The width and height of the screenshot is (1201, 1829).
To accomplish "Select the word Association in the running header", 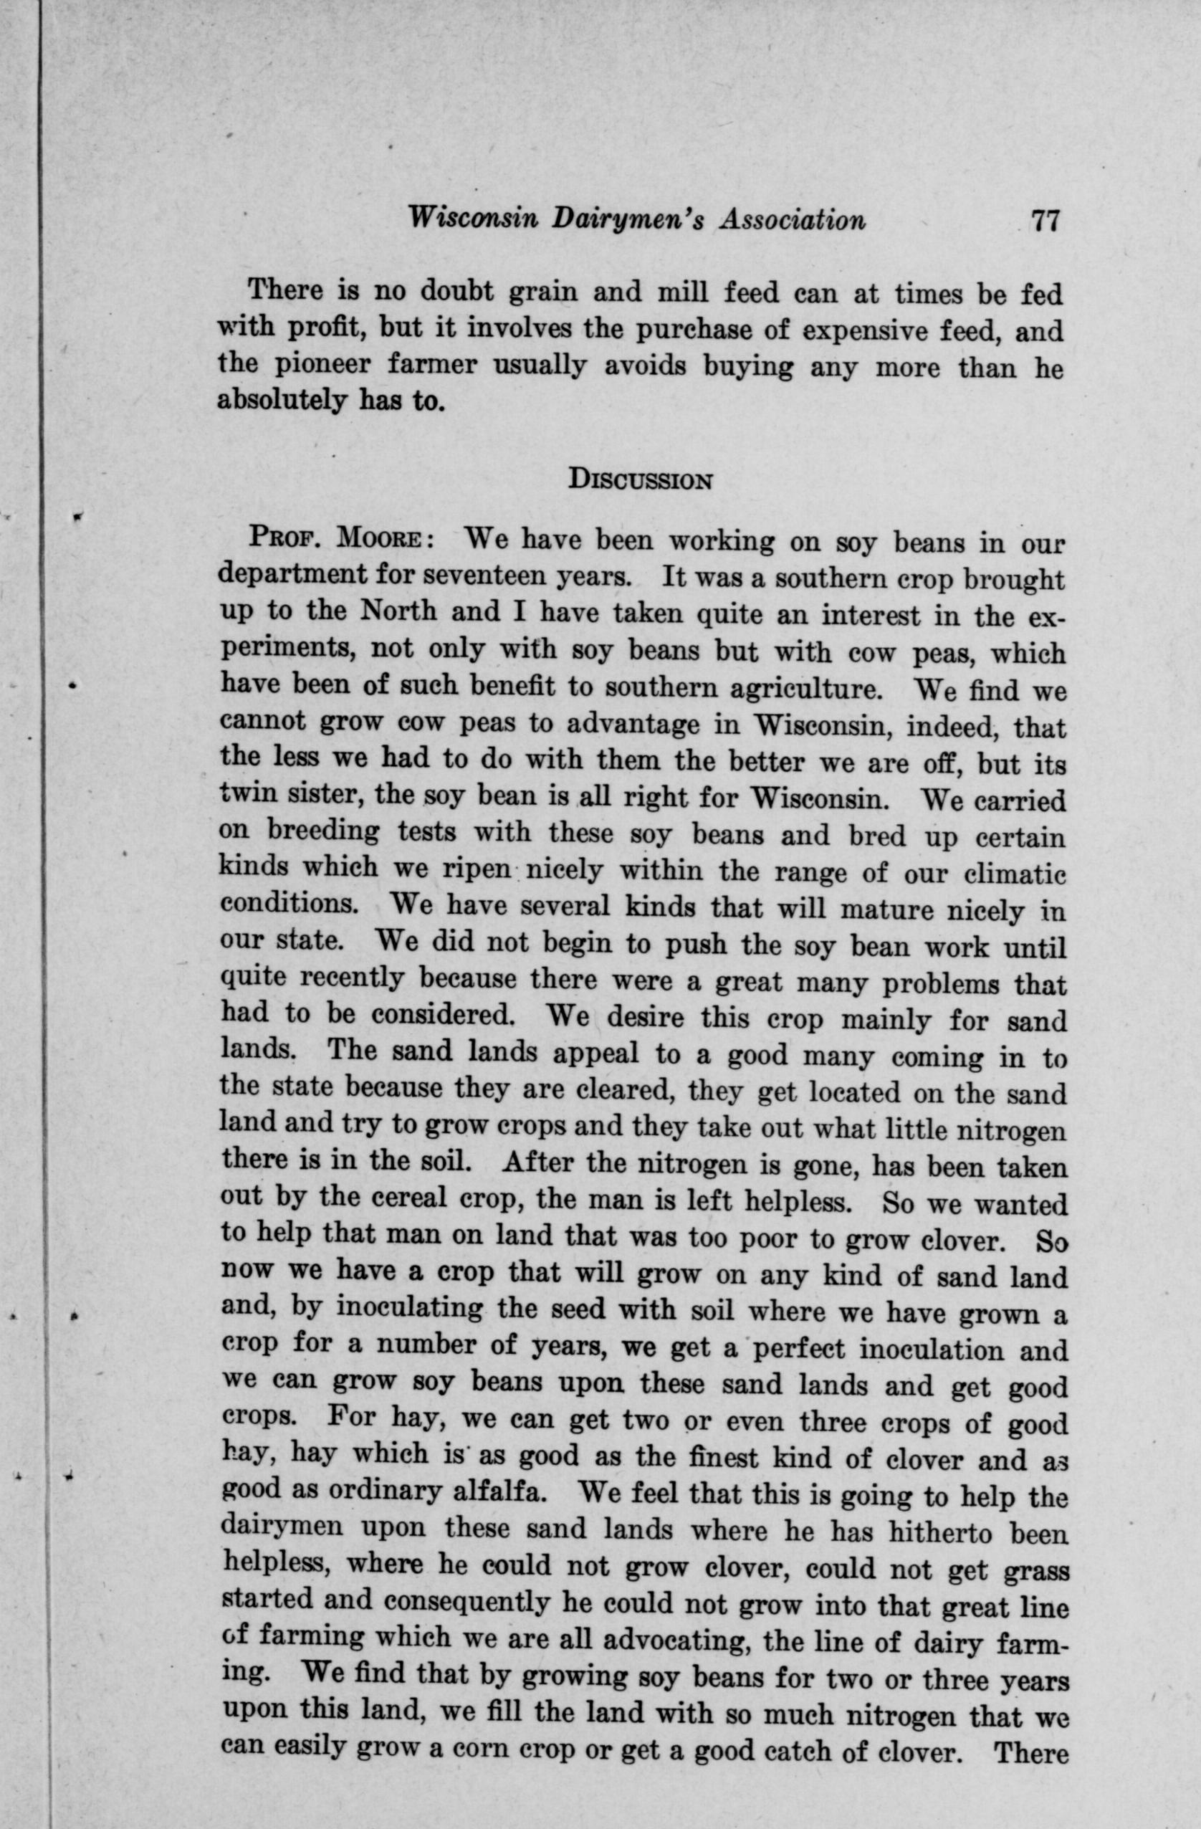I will coord(793,221).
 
